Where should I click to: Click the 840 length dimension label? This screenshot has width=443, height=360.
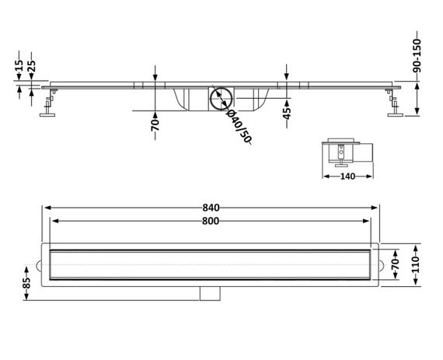(211, 208)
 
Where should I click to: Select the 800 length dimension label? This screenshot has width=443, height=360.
(211, 221)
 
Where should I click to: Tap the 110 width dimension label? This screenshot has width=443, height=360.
(416, 265)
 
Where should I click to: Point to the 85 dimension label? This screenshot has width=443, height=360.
(26, 283)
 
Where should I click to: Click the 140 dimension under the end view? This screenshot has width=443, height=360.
(347, 177)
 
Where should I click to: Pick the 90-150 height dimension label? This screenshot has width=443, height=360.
(417, 56)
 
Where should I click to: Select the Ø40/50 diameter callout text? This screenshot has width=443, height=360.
(239, 126)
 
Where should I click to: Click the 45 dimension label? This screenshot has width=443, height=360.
(287, 114)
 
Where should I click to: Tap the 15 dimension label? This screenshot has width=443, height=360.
(19, 65)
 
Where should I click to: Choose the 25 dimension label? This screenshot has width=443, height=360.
(31, 65)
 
